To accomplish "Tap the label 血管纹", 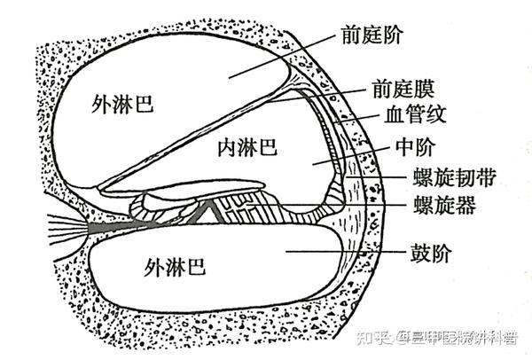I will click(x=419, y=115).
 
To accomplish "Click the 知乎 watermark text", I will click(x=373, y=338).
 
